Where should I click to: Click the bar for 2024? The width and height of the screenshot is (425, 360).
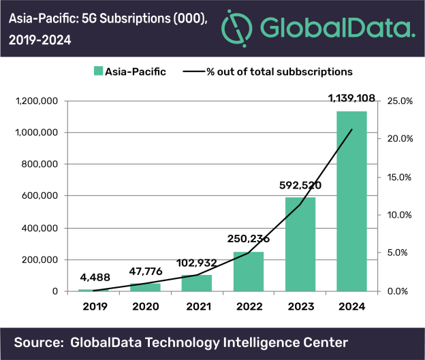352,201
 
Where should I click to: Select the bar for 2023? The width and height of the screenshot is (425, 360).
300,244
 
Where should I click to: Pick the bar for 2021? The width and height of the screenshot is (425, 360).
196,283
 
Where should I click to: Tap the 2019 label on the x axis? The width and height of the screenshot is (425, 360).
92,307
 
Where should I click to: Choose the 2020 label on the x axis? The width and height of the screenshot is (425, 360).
144,307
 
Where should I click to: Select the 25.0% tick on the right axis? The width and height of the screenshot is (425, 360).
400,101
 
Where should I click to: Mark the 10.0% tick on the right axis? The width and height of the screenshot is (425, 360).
400,215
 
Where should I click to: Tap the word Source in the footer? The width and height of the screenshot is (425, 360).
39,341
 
